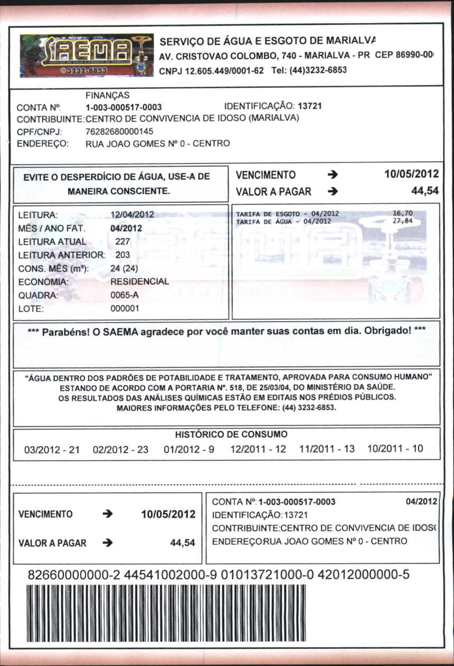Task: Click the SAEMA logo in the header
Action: tap(87, 55)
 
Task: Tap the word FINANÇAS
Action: tap(107, 96)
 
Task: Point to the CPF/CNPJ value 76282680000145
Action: tap(119, 132)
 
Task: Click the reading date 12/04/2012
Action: tap(132, 214)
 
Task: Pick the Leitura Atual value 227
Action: tap(122, 241)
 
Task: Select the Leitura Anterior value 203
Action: tap(122, 255)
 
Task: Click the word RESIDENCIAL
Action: tap(139, 282)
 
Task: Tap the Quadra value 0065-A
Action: tap(124, 295)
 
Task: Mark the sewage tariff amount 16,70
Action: tap(403, 213)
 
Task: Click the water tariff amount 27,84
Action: tap(403, 221)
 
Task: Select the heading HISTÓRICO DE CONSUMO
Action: tap(231, 435)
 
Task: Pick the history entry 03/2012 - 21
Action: tap(52, 449)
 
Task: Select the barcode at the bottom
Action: tap(165, 613)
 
